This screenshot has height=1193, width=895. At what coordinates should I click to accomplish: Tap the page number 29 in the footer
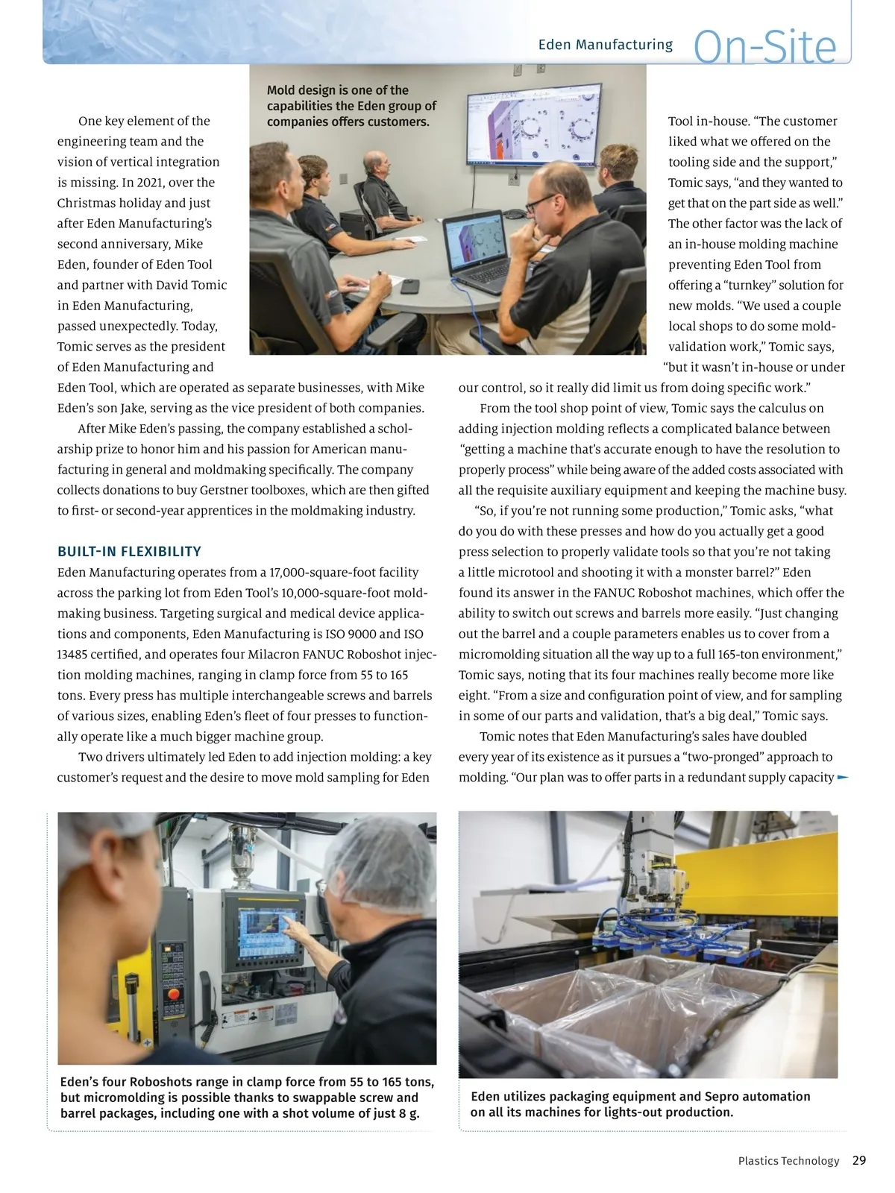859,1160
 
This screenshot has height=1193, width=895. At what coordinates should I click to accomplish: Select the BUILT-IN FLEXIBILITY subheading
129,552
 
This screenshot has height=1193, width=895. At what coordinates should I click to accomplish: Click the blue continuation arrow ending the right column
843,777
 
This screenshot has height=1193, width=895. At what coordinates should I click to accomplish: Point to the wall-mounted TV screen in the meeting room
533,131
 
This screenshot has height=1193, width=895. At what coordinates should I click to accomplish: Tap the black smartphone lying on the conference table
409,286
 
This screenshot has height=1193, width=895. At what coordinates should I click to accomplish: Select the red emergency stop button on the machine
175,994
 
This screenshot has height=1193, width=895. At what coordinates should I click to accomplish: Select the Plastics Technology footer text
788,1161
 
